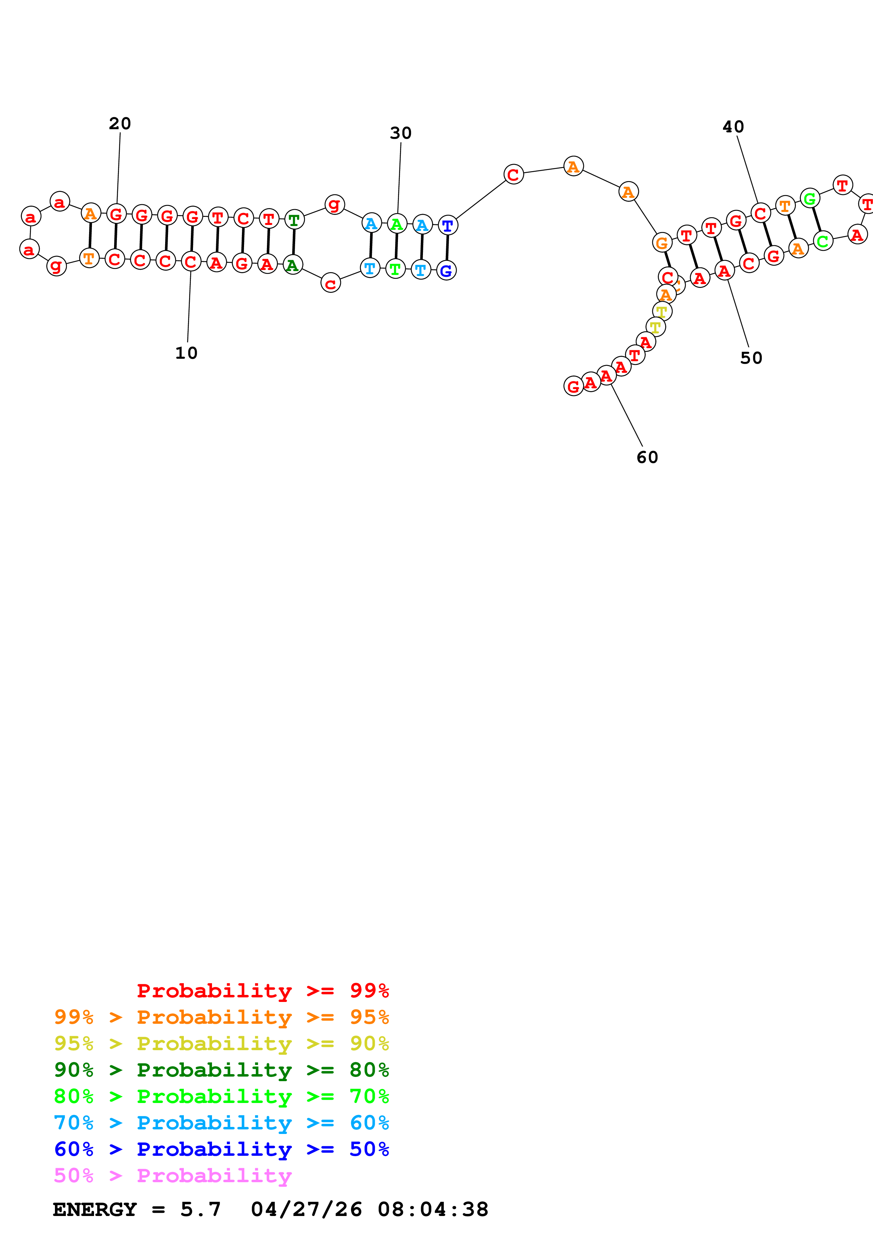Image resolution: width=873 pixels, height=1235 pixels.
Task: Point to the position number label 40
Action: (733, 127)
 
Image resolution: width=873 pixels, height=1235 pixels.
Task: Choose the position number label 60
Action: (647, 457)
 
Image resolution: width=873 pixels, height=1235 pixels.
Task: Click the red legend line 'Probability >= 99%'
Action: (262, 991)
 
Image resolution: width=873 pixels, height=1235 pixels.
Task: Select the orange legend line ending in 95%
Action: (221, 1017)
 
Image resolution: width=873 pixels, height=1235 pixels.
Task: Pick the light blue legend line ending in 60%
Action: (221, 1123)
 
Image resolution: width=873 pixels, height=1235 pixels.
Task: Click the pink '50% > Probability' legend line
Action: (173, 1175)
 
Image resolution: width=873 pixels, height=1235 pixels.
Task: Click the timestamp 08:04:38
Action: (433, 1209)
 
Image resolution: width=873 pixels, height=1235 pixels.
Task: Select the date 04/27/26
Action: (307, 1209)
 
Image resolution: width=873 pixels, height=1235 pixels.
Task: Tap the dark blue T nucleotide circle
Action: (448, 225)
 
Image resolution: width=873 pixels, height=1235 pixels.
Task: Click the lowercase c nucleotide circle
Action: (330, 283)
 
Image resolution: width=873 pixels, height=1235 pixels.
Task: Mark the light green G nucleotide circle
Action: (810, 199)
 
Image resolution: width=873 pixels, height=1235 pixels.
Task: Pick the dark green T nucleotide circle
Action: (294, 219)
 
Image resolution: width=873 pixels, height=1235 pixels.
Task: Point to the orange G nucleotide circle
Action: (662, 243)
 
